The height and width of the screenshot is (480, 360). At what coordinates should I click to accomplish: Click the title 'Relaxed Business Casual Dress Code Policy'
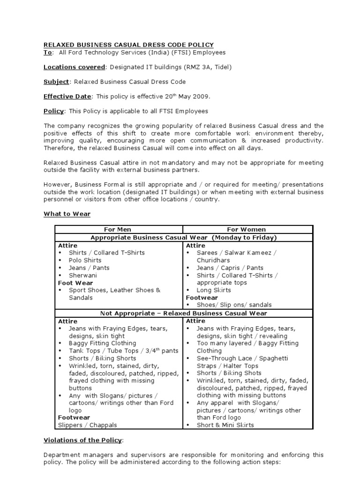coord(128,45)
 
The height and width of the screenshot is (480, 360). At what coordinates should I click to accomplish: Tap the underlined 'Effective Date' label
coord(67,96)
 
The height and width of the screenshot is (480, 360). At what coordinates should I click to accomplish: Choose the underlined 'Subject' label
coord(56,82)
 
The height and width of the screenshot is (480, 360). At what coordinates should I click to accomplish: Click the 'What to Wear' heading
coord(67,214)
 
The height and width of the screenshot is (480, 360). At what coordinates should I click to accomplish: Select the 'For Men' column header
coord(118,230)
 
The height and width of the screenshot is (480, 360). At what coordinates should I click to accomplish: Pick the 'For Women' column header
coord(246,230)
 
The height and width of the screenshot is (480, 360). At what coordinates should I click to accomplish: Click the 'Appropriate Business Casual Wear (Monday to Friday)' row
coord(184,238)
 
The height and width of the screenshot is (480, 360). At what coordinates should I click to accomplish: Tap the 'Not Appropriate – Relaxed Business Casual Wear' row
coord(184,313)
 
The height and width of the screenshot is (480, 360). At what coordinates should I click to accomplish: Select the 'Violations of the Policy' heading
coord(83,440)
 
